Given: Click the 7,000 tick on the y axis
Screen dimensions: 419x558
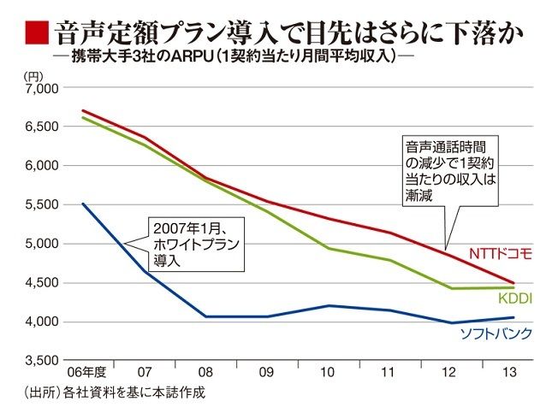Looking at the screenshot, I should point(39,88).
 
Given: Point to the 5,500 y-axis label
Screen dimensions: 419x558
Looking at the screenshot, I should point(39,205).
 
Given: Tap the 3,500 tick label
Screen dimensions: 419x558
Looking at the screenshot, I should point(39,361).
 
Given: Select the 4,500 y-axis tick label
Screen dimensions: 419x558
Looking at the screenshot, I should point(39,283).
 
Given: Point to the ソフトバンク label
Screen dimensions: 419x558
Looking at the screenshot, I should point(496,333).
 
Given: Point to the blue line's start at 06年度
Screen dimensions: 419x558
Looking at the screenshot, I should point(83,204).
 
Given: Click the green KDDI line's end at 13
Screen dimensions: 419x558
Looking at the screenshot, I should point(514,287).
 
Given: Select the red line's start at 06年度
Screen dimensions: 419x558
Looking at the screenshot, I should point(83,110).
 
